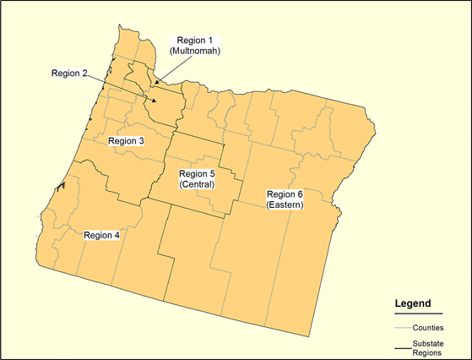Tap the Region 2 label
pyautogui.click(x=69, y=73)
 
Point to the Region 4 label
pyautogui.click(x=102, y=235)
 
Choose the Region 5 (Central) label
pyautogui.click(x=197, y=179)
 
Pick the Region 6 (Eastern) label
pyautogui.click(x=285, y=199)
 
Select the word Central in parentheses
pyautogui.click(x=197, y=184)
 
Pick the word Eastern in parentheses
pyautogui.click(x=285, y=205)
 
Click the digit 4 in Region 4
pyautogui.click(x=117, y=235)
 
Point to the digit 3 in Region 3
pyautogui.click(x=141, y=140)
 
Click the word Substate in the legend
pyautogui.click(x=428, y=343)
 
